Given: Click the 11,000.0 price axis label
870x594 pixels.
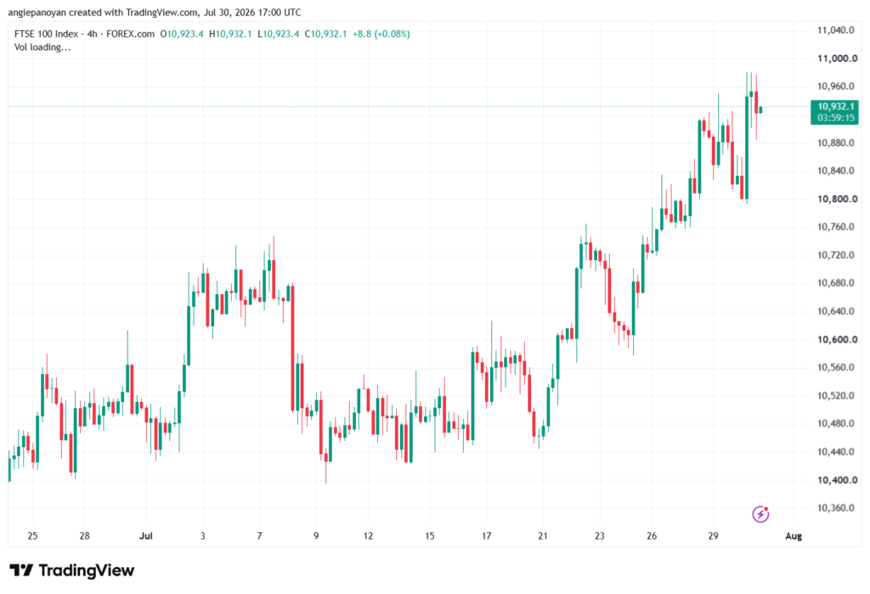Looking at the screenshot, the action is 837,59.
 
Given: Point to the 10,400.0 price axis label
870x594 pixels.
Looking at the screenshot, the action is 837,479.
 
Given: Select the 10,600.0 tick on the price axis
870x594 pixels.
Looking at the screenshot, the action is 837,339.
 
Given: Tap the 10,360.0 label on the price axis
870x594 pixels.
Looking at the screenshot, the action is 836,508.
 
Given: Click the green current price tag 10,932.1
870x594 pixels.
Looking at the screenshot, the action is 834,106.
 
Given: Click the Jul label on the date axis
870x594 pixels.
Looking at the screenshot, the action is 146,535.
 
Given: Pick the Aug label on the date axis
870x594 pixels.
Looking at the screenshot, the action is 794,535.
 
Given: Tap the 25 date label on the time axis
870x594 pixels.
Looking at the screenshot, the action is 32,535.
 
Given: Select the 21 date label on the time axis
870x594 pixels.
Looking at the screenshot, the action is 543,535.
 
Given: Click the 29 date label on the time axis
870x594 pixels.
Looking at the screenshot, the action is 713,535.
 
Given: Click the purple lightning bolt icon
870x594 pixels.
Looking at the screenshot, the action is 760,514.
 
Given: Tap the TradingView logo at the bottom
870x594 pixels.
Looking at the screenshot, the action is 72,570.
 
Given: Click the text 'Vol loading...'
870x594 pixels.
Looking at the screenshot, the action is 42,48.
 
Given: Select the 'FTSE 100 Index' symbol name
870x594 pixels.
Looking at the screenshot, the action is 46,34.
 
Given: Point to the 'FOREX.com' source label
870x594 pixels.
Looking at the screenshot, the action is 130,34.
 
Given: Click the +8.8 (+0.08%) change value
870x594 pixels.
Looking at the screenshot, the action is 381,34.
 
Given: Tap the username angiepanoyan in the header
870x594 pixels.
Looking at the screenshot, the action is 37,12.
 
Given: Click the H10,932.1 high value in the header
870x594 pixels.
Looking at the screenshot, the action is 230,34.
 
